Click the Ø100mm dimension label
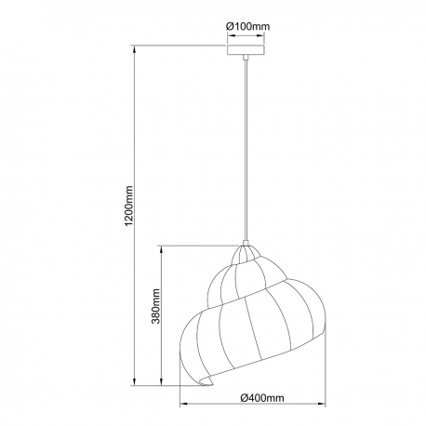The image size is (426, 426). click(247, 26)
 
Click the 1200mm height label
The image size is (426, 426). click(129, 206)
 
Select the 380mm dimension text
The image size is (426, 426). click(155, 306)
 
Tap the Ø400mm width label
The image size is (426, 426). click(262, 397)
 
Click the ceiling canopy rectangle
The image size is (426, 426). click(246, 50)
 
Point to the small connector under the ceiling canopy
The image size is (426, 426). click(246, 58)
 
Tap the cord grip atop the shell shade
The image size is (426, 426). click(246, 243)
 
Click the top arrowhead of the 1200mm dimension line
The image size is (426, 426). click(134, 49)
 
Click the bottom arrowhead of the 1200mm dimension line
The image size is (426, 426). click(134, 381)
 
